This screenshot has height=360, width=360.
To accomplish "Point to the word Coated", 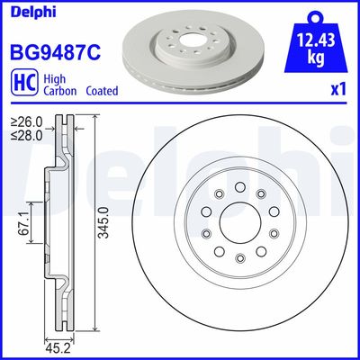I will [x=101, y=91].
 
